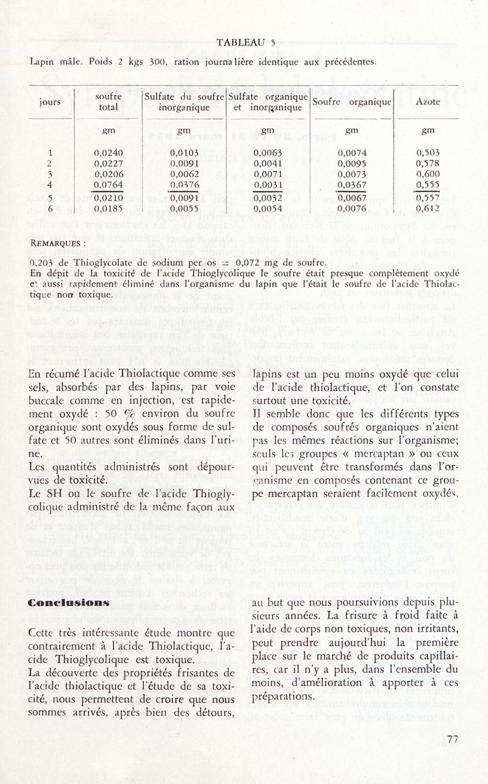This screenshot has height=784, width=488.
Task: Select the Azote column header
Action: tap(428, 102)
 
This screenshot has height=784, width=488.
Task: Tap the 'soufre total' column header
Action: tap(109, 102)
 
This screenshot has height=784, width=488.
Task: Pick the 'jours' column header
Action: tap(51, 102)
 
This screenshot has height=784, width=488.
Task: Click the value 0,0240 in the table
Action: tap(109, 153)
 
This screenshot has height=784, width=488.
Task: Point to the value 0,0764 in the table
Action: tap(109, 185)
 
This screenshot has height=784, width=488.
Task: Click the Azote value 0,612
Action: tap(428, 208)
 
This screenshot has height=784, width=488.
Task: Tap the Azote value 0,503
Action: tap(428, 153)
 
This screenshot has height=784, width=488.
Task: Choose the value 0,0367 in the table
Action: tap(351, 185)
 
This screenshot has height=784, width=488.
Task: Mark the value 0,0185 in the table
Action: tap(109, 208)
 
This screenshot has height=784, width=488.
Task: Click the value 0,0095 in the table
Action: tap(351, 163)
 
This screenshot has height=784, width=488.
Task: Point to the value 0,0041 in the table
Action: tap(267, 163)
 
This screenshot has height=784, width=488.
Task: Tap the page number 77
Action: tap(452, 739)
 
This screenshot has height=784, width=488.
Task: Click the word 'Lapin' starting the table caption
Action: tap(42, 62)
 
